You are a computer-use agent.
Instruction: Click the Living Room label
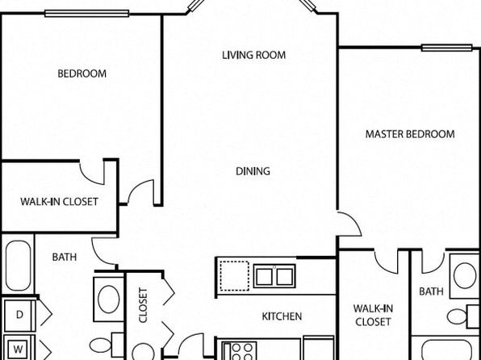tap(253, 55)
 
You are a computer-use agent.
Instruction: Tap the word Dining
tap(253, 171)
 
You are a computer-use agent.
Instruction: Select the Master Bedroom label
tap(410, 134)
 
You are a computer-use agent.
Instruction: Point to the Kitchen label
tap(282, 316)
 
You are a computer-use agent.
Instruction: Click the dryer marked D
tap(19, 315)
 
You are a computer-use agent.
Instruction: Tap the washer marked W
tap(19, 349)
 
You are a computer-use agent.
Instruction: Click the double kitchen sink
tap(274, 276)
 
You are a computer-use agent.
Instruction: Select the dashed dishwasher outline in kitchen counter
tap(235, 275)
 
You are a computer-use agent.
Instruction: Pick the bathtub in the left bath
tap(18, 266)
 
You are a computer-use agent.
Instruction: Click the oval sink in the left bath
tap(109, 299)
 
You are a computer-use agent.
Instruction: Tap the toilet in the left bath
tap(107, 345)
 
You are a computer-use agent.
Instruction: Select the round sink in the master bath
tap(465, 275)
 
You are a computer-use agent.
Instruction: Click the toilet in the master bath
tap(462, 316)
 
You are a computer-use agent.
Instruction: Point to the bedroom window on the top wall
tap(87, 13)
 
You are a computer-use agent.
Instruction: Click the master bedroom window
tap(446, 48)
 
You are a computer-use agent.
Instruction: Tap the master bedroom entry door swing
tap(353, 220)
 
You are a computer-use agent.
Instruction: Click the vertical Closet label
tap(144, 305)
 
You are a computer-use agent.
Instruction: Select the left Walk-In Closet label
tap(59, 202)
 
